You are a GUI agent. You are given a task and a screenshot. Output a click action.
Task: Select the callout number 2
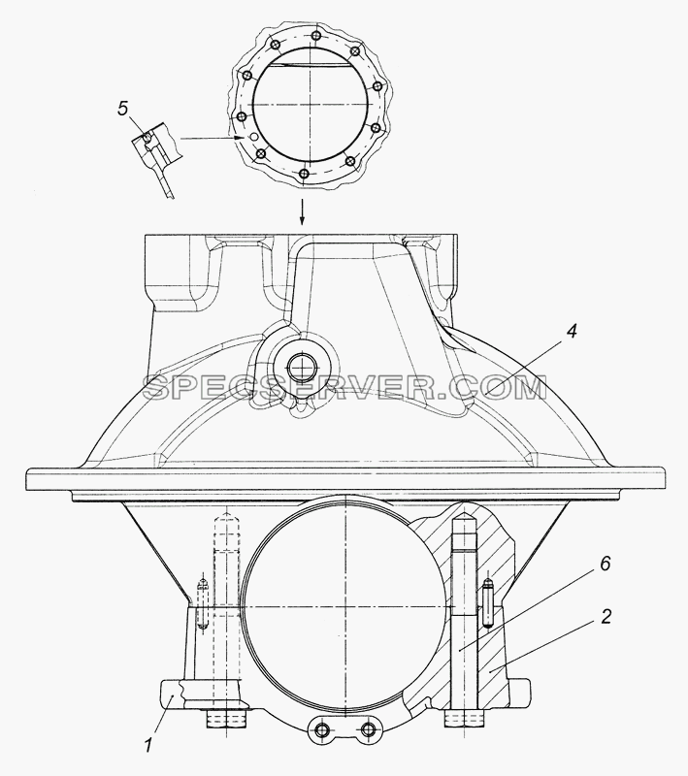pos(606,616)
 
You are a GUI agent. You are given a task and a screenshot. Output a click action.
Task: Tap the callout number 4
pos(572,332)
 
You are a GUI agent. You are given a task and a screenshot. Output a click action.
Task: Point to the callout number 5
pos(123,109)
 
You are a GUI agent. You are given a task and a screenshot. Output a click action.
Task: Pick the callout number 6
pos(605,565)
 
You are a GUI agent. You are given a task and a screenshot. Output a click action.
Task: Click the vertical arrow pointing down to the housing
pos(303,212)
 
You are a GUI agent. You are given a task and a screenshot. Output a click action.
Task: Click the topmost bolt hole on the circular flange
pos(314,36)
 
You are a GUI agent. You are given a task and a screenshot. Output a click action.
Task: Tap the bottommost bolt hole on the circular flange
pos(305,175)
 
